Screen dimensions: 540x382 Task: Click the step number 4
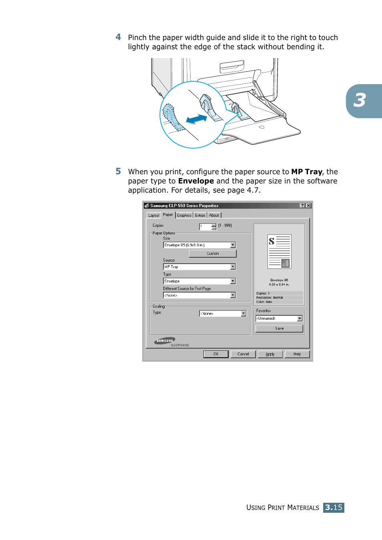tap(118, 37)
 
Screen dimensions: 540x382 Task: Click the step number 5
tap(118, 171)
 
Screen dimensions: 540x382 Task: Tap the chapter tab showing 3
tap(361, 101)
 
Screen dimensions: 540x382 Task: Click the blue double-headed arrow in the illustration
tap(197, 119)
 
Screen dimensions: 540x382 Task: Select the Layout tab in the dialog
tap(154, 216)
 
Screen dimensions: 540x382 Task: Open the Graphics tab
tap(184, 216)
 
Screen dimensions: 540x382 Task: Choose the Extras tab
tap(200, 216)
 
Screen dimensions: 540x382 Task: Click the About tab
tap(214, 216)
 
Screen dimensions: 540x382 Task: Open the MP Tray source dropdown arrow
tap(233, 267)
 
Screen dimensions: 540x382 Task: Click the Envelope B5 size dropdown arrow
tap(233, 245)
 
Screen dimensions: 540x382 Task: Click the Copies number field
tap(205, 227)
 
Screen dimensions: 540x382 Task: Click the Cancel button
tap(243, 354)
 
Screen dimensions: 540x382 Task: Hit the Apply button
tap(270, 354)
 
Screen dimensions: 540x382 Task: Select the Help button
tap(297, 354)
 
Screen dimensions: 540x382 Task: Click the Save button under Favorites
tap(279, 328)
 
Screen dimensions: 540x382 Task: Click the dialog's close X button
tap(308, 206)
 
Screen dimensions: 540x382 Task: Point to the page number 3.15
tap(334, 508)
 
